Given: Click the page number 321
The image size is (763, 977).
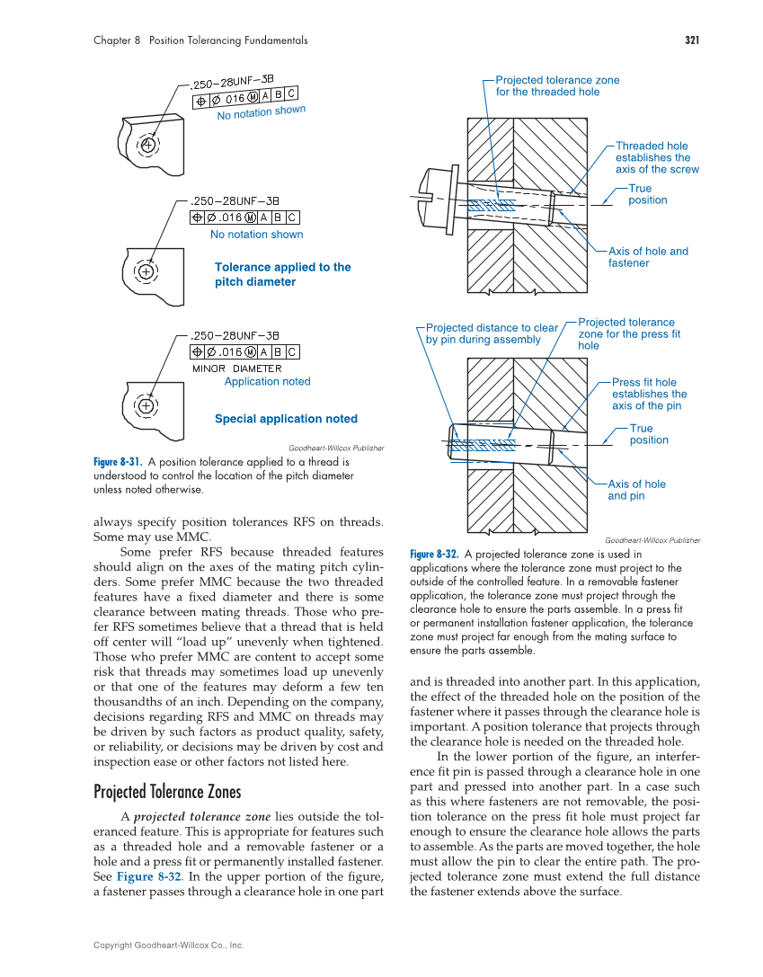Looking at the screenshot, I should (692, 40).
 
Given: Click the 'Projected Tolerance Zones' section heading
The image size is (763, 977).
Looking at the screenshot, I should (167, 792).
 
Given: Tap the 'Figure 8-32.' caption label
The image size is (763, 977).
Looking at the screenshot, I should (434, 555).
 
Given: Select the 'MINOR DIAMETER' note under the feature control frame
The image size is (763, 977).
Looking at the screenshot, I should (236, 369).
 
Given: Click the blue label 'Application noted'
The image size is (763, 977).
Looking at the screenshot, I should (267, 382).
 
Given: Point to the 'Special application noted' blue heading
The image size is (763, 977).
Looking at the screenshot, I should (286, 419).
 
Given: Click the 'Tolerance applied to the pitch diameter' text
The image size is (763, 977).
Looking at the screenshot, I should (282, 274).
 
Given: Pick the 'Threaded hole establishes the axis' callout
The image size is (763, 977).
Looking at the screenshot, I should (656, 157).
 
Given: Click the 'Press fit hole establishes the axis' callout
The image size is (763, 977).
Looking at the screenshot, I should (649, 394).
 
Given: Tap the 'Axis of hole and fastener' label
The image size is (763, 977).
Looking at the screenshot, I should (647, 257).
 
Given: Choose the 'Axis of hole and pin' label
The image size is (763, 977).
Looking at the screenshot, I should (636, 490).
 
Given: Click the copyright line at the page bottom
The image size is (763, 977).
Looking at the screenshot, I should (169, 946).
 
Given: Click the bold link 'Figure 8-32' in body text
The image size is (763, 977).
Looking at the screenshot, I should (148, 876).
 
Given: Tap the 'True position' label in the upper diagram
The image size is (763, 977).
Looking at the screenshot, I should (646, 194).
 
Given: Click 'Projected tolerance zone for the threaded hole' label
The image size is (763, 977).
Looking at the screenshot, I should (556, 85).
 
